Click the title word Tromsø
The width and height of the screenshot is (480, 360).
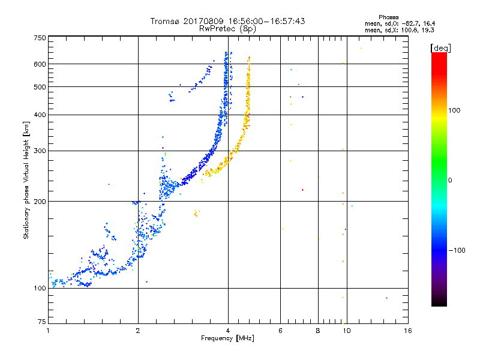[x=165, y=21]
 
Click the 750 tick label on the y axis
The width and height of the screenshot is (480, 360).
[x=40, y=37]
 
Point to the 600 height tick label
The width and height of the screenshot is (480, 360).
[x=40, y=64]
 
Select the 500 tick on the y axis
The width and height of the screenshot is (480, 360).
[x=40, y=87]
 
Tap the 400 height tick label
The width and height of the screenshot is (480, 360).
[x=40, y=115]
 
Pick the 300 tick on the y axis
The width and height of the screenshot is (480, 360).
[x=40, y=151]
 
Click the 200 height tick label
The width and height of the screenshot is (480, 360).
[x=40, y=202]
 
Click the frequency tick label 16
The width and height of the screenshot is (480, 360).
[x=407, y=331]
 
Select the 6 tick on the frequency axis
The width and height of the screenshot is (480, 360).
[x=280, y=331]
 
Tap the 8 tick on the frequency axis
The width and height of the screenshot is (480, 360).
[x=318, y=331]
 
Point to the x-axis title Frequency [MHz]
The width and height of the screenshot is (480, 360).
[x=227, y=338]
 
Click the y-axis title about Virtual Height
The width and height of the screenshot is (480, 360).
[x=26, y=180]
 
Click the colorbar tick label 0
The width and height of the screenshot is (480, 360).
[x=450, y=180]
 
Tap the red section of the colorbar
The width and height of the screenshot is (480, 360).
[x=439, y=60]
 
